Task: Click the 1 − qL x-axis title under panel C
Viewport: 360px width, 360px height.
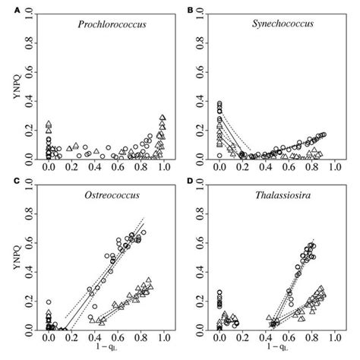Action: pyautogui.click(x=107, y=351)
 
